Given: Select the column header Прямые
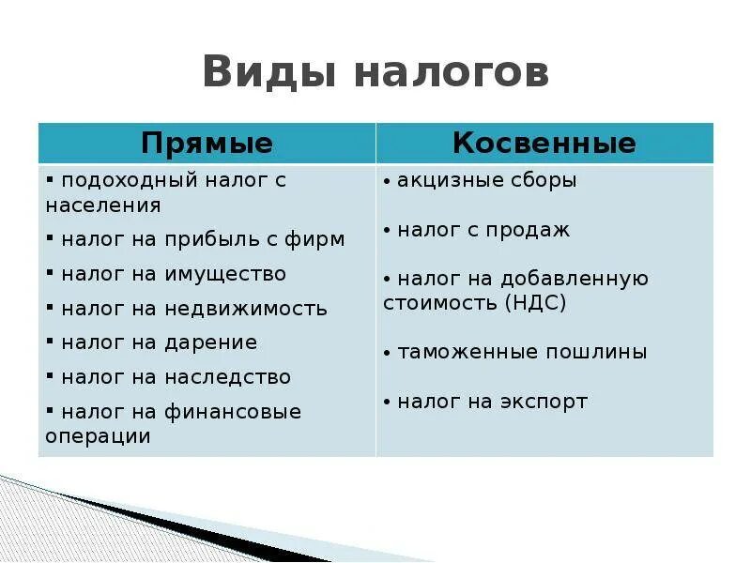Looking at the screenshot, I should (207, 144).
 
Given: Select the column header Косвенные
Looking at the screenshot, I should (544, 144).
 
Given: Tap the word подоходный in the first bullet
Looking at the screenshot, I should (121, 180).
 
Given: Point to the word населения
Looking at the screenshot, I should (103, 205).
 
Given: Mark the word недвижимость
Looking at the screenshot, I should (245, 309).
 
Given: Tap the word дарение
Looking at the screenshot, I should (210, 342).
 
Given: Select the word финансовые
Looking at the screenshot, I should (233, 412).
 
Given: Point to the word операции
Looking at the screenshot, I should (98, 436).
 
